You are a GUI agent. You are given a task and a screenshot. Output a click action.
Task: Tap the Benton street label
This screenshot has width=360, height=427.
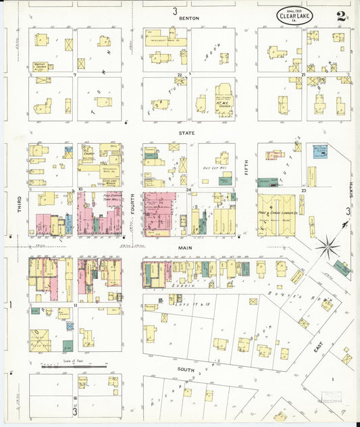tap(188, 18)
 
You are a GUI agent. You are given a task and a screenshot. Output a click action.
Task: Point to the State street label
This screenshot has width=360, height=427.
tap(187, 133)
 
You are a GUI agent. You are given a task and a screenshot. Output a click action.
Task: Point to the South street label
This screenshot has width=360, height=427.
tap(186, 370)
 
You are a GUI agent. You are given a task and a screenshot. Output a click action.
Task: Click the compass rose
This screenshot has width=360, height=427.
tap(328, 246)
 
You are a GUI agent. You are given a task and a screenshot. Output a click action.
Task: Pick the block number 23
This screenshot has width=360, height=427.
tap(305, 192)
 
